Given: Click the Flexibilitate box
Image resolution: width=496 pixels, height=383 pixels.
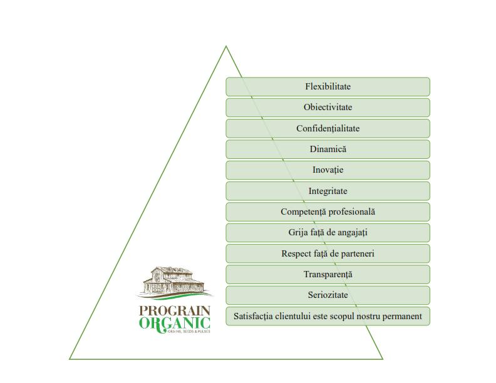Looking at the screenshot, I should pyautogui.click(x=328, y=86).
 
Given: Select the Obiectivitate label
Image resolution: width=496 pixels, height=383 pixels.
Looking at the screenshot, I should pyautogui.click(x=328, y=107).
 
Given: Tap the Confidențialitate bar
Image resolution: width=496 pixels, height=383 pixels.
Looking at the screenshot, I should pyautogui.click(x=328, y=128).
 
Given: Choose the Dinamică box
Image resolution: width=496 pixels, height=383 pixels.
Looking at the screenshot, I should pyautogui.click(x=328, y=149).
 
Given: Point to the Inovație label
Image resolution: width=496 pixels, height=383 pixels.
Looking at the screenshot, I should pyautogui.click(x=328, y=170).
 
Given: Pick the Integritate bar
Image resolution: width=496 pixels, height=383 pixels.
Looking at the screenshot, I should pyautogui.click(x=328, y=191).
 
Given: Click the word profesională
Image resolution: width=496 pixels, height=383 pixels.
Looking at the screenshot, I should pyautogui.click(x=353, y=212).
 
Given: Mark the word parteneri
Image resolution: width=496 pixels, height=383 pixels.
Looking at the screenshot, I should pyautogui.click(x=354, y=253).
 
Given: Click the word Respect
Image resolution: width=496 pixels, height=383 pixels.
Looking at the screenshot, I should pyautogui.click(x=296, y=253).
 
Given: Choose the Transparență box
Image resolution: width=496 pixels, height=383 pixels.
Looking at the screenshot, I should pyautogui.click(x=328, y=274).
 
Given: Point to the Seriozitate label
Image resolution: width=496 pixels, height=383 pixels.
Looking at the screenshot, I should pyautogui.click(x=328, y=295).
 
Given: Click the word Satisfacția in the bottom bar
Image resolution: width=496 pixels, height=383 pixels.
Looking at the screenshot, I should pyautogui.click(x=253, y=316).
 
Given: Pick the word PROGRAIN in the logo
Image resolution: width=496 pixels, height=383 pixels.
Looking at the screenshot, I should pyautogui.click(x=175, y=310).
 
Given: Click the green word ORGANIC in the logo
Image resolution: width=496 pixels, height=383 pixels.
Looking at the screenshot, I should pyautogui.click(x=175, y=323).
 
